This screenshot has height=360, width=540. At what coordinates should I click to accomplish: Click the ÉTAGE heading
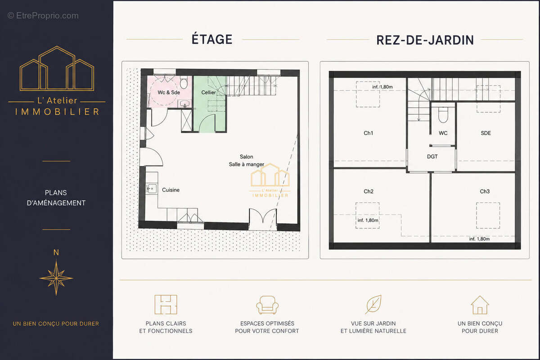coord(212,39)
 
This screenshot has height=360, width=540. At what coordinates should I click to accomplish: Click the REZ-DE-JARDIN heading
coord(425,40)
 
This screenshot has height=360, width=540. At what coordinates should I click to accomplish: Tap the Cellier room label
coord(208,92)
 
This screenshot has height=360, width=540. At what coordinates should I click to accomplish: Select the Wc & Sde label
coord(169,92)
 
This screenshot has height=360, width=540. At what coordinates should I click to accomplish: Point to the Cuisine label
coord(171,190)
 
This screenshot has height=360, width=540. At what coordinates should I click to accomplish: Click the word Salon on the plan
coord(247,157)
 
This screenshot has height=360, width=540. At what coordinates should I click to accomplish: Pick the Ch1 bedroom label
coord(369,133)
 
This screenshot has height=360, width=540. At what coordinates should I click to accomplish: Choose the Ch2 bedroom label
coord(369,191)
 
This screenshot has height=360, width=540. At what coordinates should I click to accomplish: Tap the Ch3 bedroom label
coord(485,191)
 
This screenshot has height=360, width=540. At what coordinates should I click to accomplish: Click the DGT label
coord(432,157)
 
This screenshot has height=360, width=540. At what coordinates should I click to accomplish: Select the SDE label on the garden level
coord(486,133)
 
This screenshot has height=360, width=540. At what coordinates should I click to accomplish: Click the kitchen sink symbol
coord(151,188)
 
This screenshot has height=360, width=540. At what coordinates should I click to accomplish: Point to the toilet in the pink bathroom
coord(184,82)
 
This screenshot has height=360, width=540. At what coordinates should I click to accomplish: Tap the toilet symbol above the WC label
coord(443,115)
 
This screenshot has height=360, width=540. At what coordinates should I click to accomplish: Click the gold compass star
coord(56,278)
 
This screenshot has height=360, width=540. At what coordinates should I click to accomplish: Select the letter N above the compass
coord(56,252)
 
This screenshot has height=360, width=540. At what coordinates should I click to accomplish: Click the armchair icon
coord(267,305)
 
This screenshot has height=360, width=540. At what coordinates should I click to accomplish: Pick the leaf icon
coord(373,304)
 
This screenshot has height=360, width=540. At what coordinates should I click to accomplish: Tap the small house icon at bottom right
coord(480,305)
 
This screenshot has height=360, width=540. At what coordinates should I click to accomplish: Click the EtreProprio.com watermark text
coord(43,16)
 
